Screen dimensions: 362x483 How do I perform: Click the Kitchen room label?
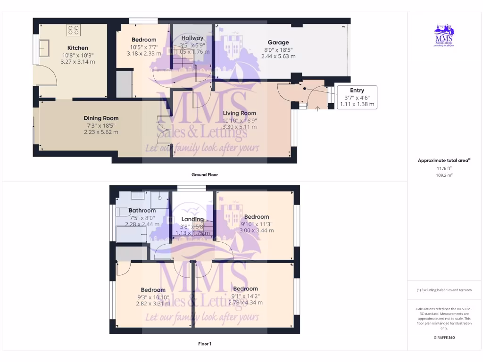(x=77, y=48)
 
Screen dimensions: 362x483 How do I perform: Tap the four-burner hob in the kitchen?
(x=74, y=31)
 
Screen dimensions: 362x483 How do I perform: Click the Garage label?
(x=278, y=42)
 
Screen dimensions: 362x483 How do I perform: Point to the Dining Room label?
(x=101, y=118)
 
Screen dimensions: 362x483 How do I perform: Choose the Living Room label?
(x=240, y=113)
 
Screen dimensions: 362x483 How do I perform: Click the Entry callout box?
(x=357, y=97)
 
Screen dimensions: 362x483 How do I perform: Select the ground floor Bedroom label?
(x=144, y=40)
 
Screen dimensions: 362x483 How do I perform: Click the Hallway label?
(x=192, y=38)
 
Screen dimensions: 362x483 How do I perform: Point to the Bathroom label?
(x=142, y=211)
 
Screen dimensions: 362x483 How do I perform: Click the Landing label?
(x=192, y=219)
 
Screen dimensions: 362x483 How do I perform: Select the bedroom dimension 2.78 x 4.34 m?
(x=245, y=303)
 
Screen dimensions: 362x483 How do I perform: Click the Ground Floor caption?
(x=204, y=175)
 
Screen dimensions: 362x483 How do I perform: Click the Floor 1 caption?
(x=204, y=344)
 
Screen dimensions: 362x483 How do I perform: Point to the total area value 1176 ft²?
(x=444, y=168)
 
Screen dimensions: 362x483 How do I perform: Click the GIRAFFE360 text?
(x=444, y=337)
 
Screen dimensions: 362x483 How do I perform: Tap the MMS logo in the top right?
(x=444, y=36)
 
